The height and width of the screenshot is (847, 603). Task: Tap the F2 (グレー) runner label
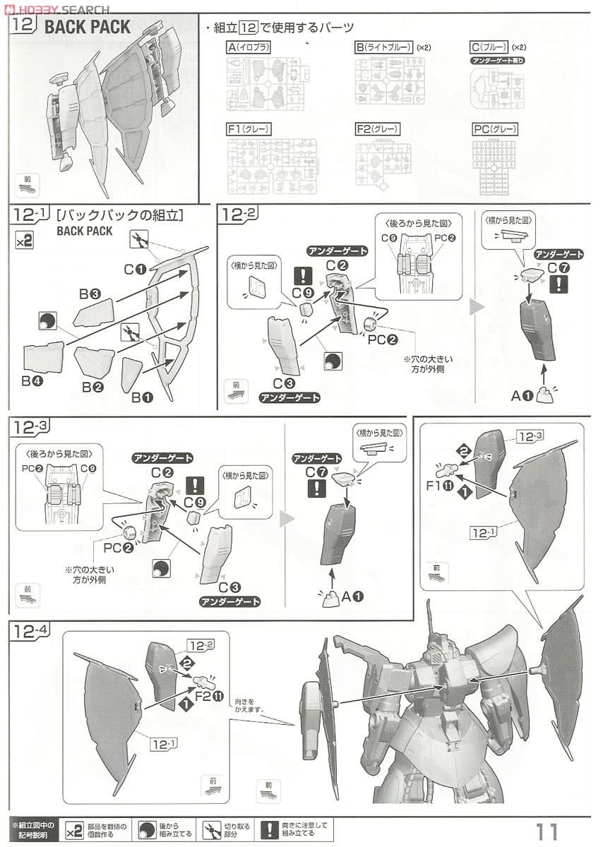378,129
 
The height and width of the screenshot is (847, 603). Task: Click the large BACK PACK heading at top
88,28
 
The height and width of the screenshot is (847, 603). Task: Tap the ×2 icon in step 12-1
24,241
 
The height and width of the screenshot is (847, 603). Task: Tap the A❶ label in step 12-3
352,597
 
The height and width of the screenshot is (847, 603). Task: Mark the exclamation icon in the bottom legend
269,829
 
